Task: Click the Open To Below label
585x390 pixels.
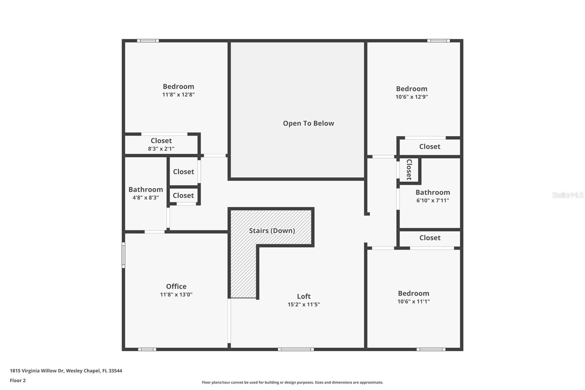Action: point(309,123)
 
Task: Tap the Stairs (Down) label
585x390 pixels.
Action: point(272,230)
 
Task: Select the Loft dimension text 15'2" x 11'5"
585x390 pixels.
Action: point(304,304)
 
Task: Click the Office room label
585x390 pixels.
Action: point(176,286)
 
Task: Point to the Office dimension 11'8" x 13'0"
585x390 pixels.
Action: point(176,295)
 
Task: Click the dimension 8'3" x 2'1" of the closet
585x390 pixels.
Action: point(161,149)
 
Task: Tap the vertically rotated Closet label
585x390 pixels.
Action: point(409,170)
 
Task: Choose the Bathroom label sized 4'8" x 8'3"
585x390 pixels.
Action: point(146,190)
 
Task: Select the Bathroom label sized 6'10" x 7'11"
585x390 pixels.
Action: point(433,192)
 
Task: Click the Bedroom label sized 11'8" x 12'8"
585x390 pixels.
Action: point(178,86)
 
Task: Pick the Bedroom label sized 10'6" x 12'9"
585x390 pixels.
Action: point(412,89)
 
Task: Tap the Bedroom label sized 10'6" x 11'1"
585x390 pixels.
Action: point(414,293)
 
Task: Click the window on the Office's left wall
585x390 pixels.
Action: point(124,255)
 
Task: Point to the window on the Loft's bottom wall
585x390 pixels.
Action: point(296,349)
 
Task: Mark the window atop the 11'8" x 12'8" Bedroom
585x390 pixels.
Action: point(148,41)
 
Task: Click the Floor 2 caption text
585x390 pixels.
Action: point(18,380)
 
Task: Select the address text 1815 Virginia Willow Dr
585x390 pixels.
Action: point(37,371)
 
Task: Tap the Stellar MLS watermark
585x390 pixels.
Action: point(568,195)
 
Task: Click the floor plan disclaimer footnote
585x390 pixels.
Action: point(292,382)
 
